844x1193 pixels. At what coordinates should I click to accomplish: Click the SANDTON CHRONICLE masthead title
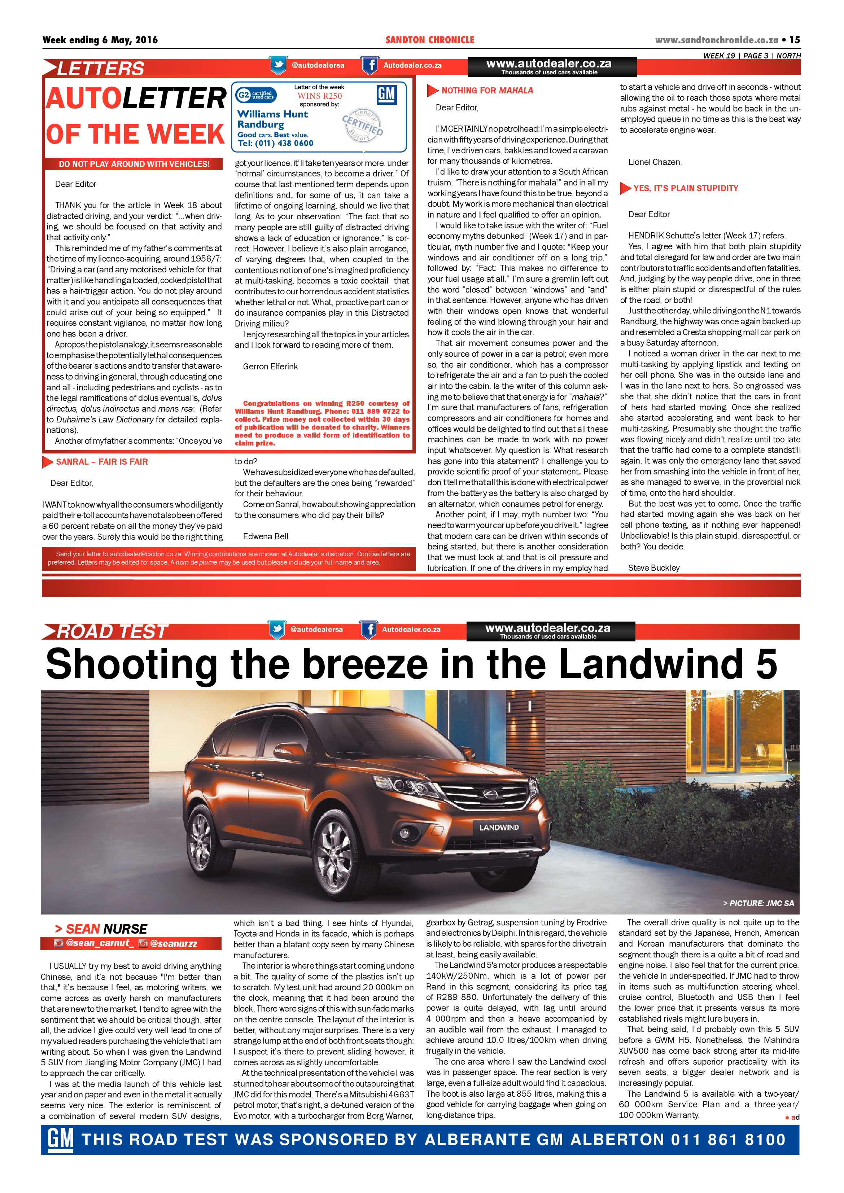[x=430, y=40]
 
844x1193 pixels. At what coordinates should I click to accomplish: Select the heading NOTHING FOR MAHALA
[x=487, y=91]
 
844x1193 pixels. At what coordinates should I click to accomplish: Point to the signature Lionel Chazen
[x=654, y=162]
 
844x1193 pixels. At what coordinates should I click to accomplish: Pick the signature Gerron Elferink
[x=270, y=366]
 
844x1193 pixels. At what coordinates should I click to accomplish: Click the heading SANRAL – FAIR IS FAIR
[x=102, y=461]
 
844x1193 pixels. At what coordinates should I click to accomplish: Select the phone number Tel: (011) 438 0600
[x=275, y=144]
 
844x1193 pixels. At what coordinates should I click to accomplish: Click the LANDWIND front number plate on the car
[x=499, y=827]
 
